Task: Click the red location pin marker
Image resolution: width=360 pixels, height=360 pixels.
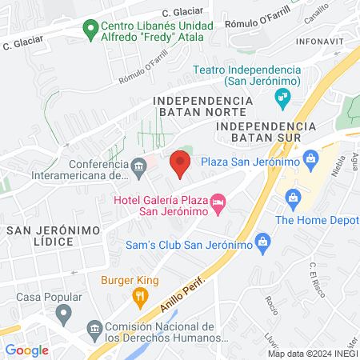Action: [180, 164]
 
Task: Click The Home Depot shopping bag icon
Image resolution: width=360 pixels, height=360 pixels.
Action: [292, 196]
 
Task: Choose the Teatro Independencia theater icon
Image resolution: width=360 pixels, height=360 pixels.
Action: [282, 98]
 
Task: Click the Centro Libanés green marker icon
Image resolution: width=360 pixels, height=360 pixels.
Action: [90, 32]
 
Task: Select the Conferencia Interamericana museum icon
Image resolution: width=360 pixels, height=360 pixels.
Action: [139, 167]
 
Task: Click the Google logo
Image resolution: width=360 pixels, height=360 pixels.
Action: [26, 350]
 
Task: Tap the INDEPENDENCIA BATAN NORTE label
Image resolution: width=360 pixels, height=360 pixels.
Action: [202, 107]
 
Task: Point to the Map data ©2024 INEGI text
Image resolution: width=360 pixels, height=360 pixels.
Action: [311, 354]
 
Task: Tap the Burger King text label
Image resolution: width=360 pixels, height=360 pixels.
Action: [130, 281]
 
